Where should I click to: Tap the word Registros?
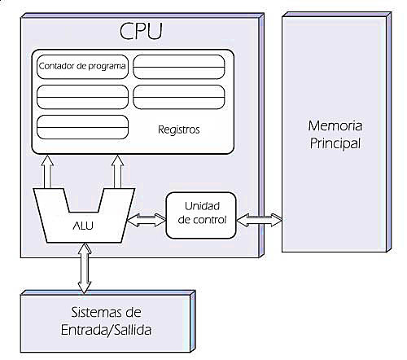[x=177, y=130]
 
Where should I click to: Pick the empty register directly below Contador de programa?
[x=82, y=96]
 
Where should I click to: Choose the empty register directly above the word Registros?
[x=179, y=96]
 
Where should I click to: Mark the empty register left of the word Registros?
[x=82, y=128]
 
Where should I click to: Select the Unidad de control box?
[x=199, y=215]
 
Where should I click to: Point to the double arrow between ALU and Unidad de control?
[x=147, y=220]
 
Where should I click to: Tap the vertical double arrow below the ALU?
[x=83, y=268]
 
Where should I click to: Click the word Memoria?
[x=334, y=126]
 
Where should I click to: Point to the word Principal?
[x=334, y=143]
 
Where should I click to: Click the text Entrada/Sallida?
[x=107, y=330]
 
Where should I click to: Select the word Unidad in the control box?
[x=200, y=207]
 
